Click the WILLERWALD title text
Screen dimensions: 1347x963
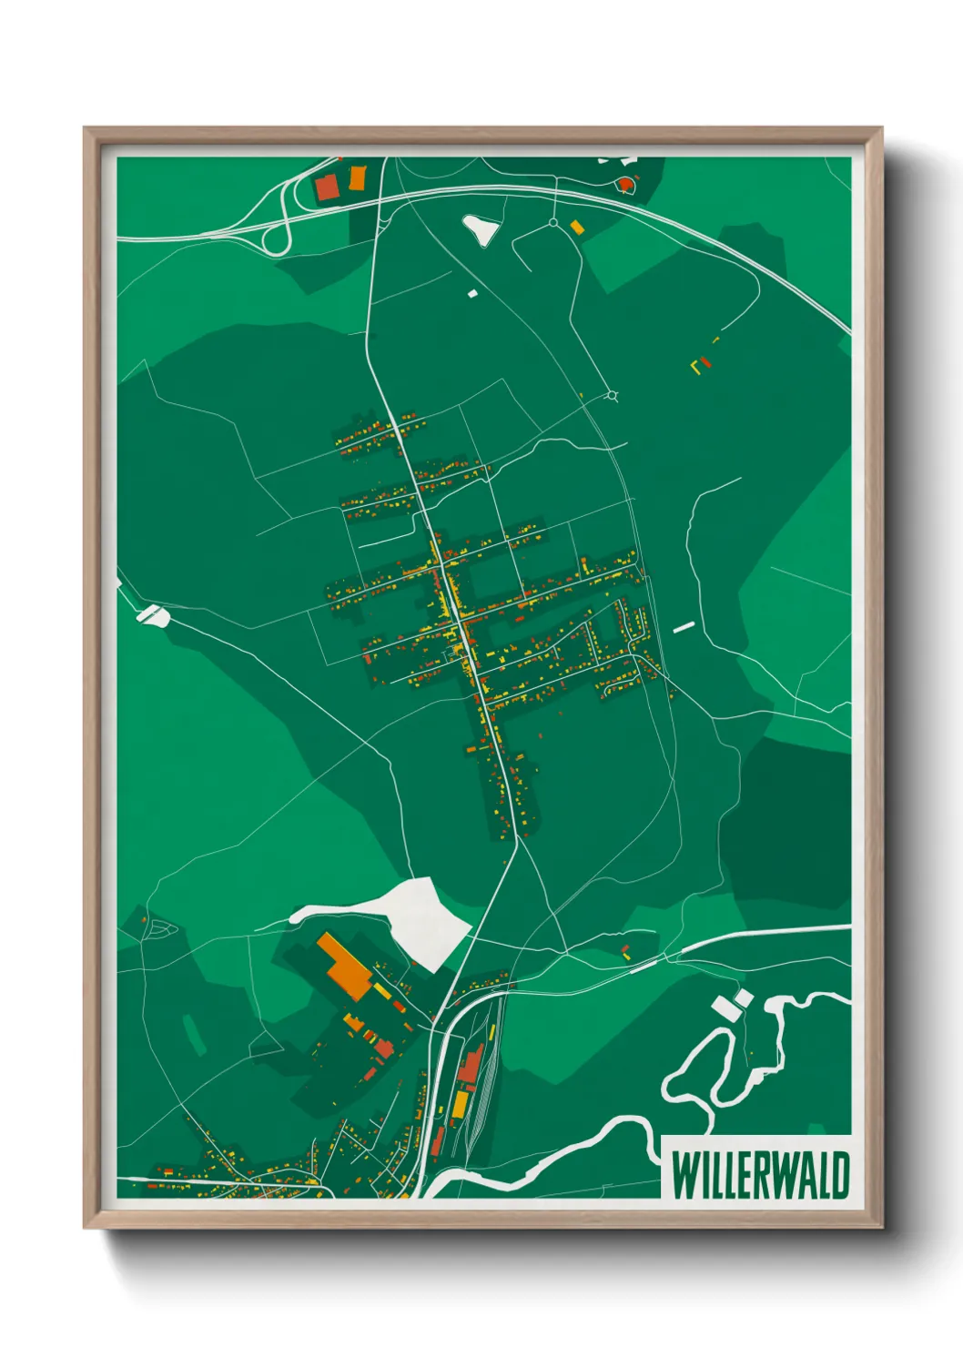[x=759, y=1175]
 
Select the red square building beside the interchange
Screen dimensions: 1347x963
[x=326, y=187]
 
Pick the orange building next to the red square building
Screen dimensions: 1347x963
[x=357, y=177]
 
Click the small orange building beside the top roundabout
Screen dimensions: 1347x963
[x=576, y=227]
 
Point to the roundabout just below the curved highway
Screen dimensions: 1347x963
[x=552, y=222]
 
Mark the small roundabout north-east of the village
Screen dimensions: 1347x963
[x=613, y=395]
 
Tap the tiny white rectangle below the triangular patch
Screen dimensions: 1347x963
[x=472, y=293]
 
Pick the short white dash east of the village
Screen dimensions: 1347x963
[x=684, y=626]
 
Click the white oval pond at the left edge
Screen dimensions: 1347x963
[x=153, y=615]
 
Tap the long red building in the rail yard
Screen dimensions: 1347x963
[x=470, y=1064]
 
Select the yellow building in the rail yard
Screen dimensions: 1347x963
[x=461, y=1104]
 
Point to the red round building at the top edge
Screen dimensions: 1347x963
[x=625, y=185]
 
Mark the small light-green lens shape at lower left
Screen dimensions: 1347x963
[x=194, y=1034]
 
